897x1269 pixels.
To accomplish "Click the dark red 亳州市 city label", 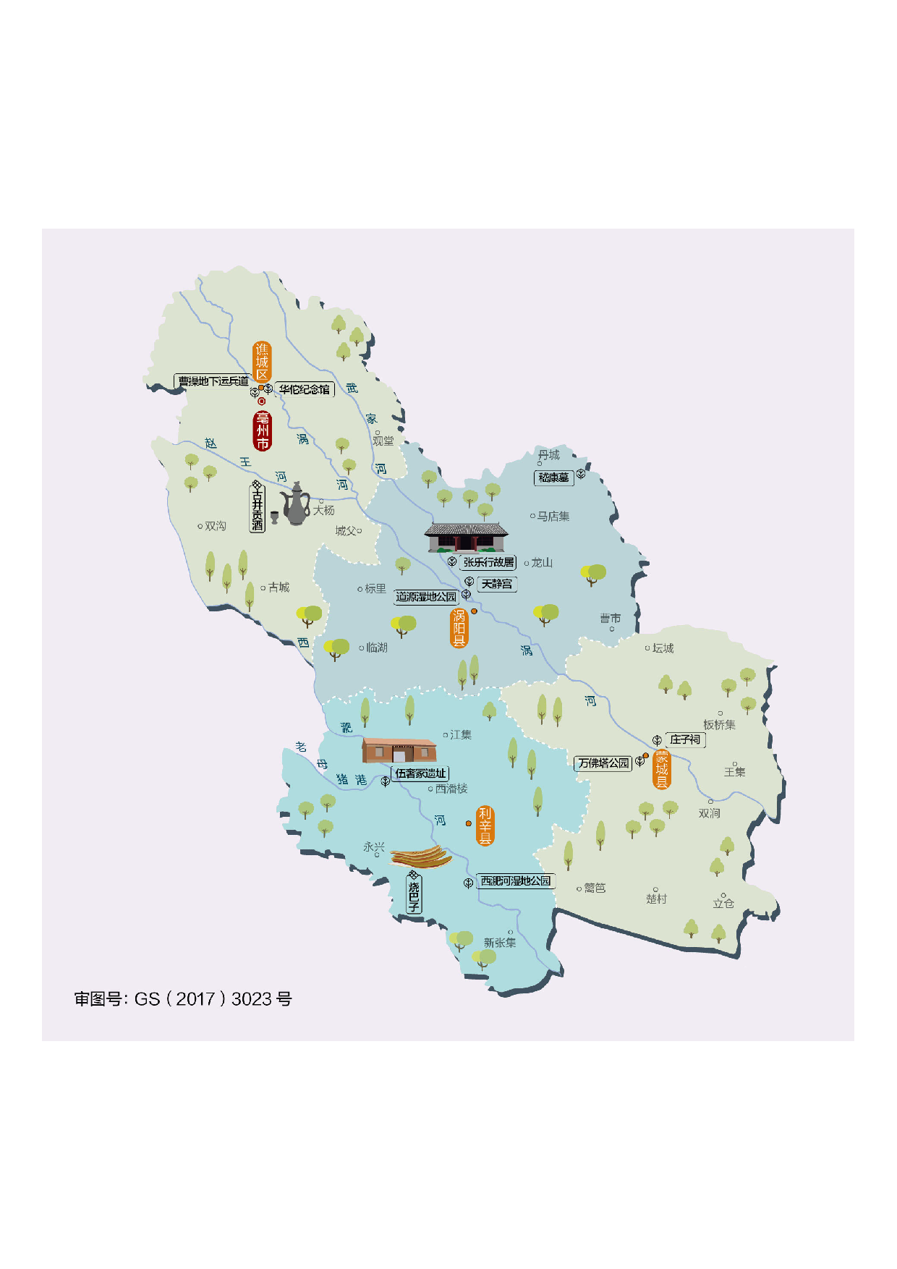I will (x=262, y=431).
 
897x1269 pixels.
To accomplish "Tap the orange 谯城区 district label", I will (x=262, y=361).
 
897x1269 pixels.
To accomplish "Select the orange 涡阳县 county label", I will (x=459, y=628).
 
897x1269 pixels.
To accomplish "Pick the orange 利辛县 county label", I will (x=485, y=826).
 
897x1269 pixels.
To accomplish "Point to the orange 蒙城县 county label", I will (x=661, y=769).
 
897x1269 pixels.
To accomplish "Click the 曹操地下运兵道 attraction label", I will (x=213, y=381).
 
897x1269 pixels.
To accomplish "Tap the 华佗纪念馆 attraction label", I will (x=305, y=389).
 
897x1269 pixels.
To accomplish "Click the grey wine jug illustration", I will (x=295, y=504).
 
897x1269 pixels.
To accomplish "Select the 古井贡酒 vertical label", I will (x=257, y=509).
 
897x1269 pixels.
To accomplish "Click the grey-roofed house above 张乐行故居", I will (x=466, y=538).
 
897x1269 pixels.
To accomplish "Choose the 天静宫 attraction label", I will (x=497, y=584).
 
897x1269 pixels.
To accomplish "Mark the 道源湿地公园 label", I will (x=426, y=597).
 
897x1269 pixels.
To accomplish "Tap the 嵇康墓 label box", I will (x=553, y=478).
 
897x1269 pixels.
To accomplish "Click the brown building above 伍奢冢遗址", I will (x=399, y=750).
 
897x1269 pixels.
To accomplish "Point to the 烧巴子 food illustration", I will (x=421, y=857).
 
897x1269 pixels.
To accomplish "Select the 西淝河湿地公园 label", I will (x=516, y=881).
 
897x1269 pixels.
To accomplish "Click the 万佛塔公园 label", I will (x=603, y=763).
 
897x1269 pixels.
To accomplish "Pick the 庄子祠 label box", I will (x=684, y=739).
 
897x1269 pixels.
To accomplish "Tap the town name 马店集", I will (x=553, y=517).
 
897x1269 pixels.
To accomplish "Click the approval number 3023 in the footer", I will (x=252, y=999).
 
